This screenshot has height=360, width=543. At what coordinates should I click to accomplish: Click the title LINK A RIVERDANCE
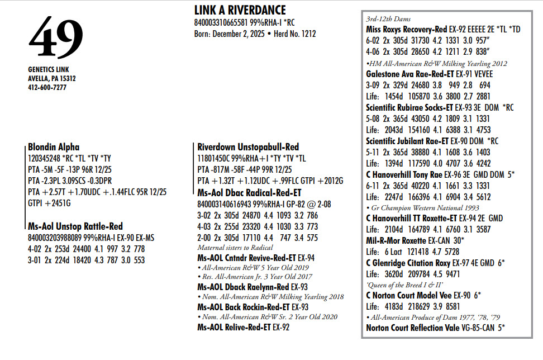point(240,11)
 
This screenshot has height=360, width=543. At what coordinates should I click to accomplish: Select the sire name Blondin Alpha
point(54,148)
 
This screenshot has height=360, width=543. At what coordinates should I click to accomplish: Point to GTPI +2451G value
point(50,203)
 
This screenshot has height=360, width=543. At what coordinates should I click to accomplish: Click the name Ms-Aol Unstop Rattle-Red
point(75,227)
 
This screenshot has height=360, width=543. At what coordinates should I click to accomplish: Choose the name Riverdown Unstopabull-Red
point(248,147)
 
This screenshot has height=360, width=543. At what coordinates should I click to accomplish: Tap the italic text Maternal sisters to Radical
point(235,248)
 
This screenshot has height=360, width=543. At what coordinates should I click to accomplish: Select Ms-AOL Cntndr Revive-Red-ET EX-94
point(255,258)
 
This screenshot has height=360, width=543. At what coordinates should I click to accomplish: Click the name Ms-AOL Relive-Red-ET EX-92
point(244,328)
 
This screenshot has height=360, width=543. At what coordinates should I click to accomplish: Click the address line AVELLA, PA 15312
point(52,79)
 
